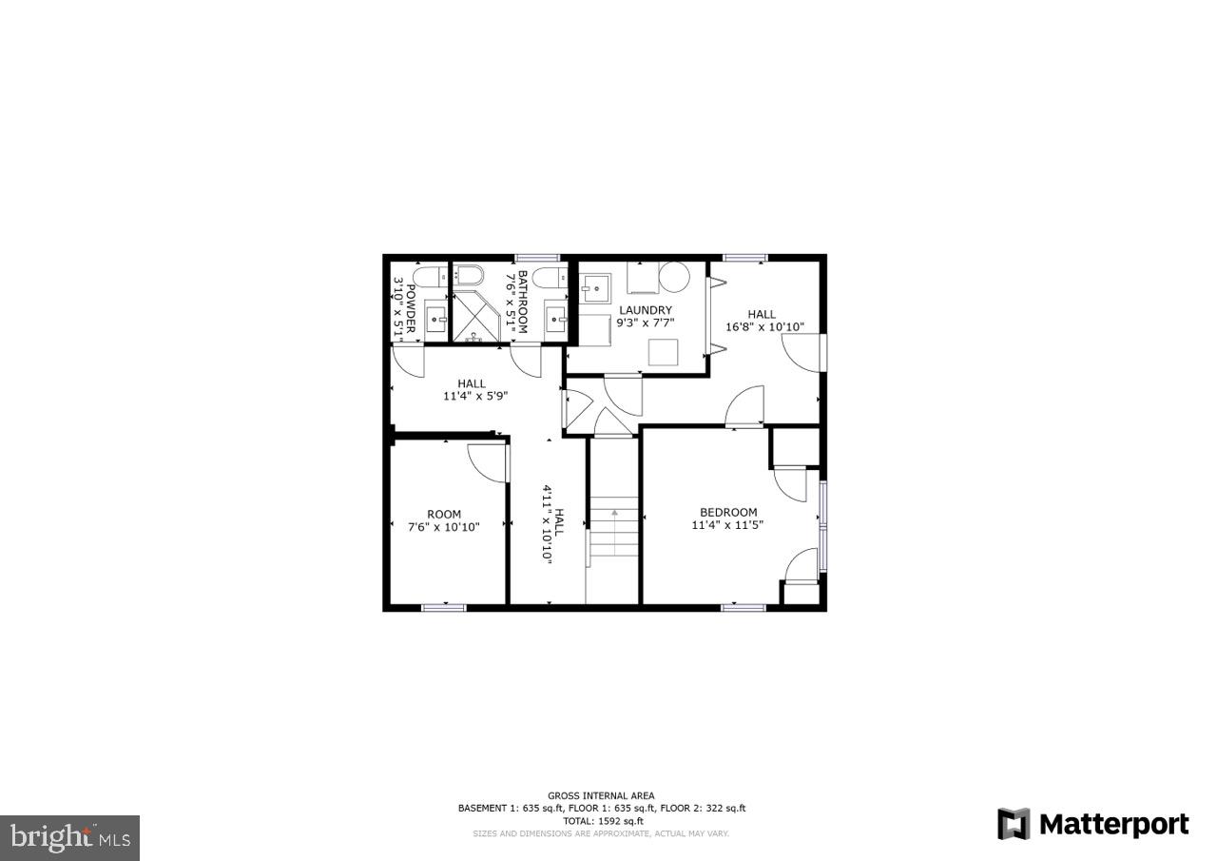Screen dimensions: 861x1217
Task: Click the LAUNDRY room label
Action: click(x=646, y=310)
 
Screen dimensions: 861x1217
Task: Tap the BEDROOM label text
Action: click(x=728, y=512)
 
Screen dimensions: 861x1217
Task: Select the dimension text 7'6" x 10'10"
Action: click(x=444, y=527)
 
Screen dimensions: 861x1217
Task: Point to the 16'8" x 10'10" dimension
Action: click(x=764, y=327)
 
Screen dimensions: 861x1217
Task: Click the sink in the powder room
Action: click(x=436, y=320)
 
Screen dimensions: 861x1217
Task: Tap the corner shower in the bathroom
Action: click(x=475, y=320)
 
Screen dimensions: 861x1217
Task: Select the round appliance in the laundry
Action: click(x=674, y=277)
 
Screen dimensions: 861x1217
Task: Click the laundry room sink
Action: click(x=596, y=286)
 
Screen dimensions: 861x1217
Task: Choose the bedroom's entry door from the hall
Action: click(x=745, y=407)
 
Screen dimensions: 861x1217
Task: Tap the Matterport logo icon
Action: click(x=1013, y=824)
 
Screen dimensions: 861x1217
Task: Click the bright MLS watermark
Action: click(x=69, y=837)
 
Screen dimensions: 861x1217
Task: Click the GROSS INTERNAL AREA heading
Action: click(x=601, y=796)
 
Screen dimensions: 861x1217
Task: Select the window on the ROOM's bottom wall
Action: click(x=443, y=607)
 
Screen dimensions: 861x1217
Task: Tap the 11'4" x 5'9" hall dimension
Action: click(x=475, y=397)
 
